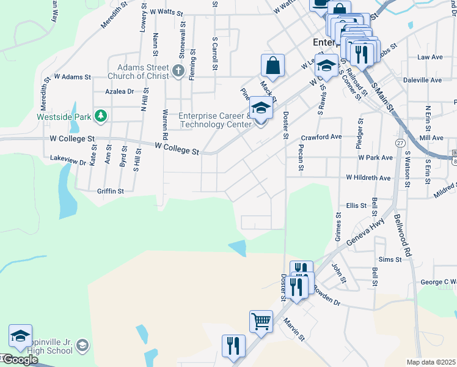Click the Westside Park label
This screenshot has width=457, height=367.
(x=63, y=116)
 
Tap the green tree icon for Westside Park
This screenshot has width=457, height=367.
(x=101, y=116)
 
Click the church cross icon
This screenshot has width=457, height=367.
(x=178, y=71)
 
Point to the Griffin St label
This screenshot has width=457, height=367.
(x=110, y=191)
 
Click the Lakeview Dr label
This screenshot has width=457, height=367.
(x=68, y=160)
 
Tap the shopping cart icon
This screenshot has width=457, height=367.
(x=261, y=321)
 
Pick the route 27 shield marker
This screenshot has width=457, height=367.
(x=400, y=142)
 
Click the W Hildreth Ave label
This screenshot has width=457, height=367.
(x=368, y=177)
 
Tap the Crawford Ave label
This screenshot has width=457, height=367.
(x=321, y=137)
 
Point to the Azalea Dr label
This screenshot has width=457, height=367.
(x=119, y=91)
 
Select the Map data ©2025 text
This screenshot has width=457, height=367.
(x=431, y=362)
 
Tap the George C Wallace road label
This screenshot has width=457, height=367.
(x=438, y=282)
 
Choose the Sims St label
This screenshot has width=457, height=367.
(x=389, y=259)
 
